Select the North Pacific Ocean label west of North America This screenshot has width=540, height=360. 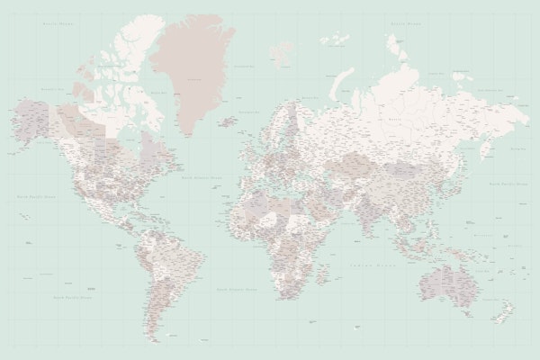[x=34, y=194]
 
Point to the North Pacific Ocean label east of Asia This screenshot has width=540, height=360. [x=506, y=183]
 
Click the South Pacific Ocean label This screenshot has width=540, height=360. [x=72, y=296]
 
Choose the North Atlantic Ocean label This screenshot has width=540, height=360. [x=199, y=178]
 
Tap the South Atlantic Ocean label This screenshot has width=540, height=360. [x=236, y=290]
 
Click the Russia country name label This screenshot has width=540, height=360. [x=393, y=118]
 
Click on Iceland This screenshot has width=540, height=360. [x=228, y=121]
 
